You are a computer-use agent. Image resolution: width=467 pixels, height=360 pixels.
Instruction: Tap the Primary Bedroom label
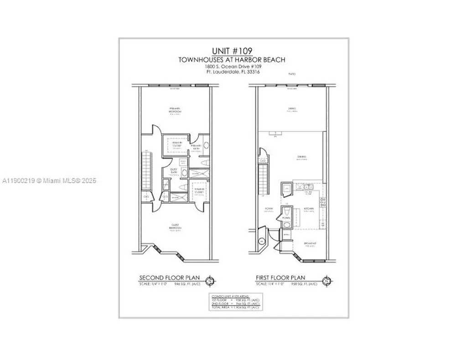pyautogui.click(x=176, y=110)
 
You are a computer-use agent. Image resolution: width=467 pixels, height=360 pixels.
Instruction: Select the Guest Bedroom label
pyautogui.click(x=176, y=228)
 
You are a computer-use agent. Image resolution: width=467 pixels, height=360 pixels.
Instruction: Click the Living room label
pyautogui.click(x=292, y=108)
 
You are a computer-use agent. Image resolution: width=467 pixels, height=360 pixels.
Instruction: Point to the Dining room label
pyautogui.click(x=301, y=157)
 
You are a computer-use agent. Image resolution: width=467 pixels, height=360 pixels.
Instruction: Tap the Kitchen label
pyautogui.click(x=308, y=209)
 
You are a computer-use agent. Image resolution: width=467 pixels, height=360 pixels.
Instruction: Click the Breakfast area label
pyautogui.click(x=311, y=244)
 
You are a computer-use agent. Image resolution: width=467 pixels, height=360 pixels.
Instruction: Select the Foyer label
pyautogui.click(x=269, y=209)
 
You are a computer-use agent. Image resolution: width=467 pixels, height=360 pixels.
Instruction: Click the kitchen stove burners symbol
pyautogui.click(x=323, y=202)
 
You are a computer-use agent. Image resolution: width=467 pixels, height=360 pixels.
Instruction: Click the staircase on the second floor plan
pyautogui.click(x=146, y=171)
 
